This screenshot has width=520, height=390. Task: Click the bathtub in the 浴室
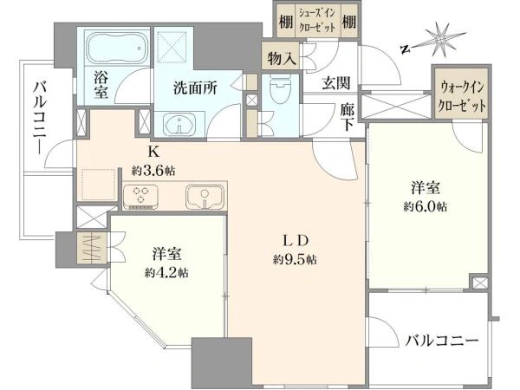coord(116,47)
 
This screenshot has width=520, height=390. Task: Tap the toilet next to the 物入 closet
coord(279,92)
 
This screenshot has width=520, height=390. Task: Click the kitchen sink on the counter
coord(205,197)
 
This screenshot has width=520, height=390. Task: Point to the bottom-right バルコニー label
coord(443,341)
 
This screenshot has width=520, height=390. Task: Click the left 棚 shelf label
coord(284,20)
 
